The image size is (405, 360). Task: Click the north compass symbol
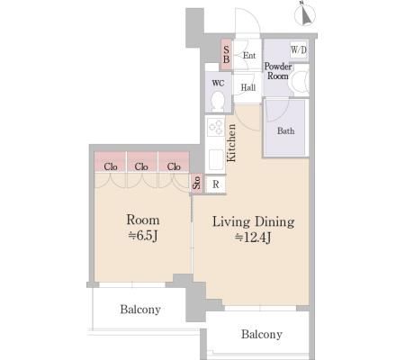[305, 14]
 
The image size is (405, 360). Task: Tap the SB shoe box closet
[227, 55]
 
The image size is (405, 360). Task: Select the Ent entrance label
[249, 56]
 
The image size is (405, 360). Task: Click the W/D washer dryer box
[299, 49]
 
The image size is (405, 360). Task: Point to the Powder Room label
[278, 71]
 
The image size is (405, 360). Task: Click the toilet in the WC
[218, 101]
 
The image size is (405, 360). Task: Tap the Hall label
[248, 87]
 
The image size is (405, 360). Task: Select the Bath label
[285, 131]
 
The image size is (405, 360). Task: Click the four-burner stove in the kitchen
[216, 127]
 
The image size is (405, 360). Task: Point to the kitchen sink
[216, 159]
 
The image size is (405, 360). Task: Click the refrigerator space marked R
[215, 184]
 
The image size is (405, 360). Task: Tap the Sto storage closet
[196, 183]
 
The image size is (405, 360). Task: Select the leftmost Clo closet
[110, 162]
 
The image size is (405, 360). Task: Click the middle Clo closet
[141, 162]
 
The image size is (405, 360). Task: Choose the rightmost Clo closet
[174, 162]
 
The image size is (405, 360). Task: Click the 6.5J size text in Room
[143, 236]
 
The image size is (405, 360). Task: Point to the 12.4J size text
[253, 238]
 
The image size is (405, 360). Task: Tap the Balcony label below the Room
[140, 310]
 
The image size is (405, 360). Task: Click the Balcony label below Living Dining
[262, 334]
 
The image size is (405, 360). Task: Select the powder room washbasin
[300, 80]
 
